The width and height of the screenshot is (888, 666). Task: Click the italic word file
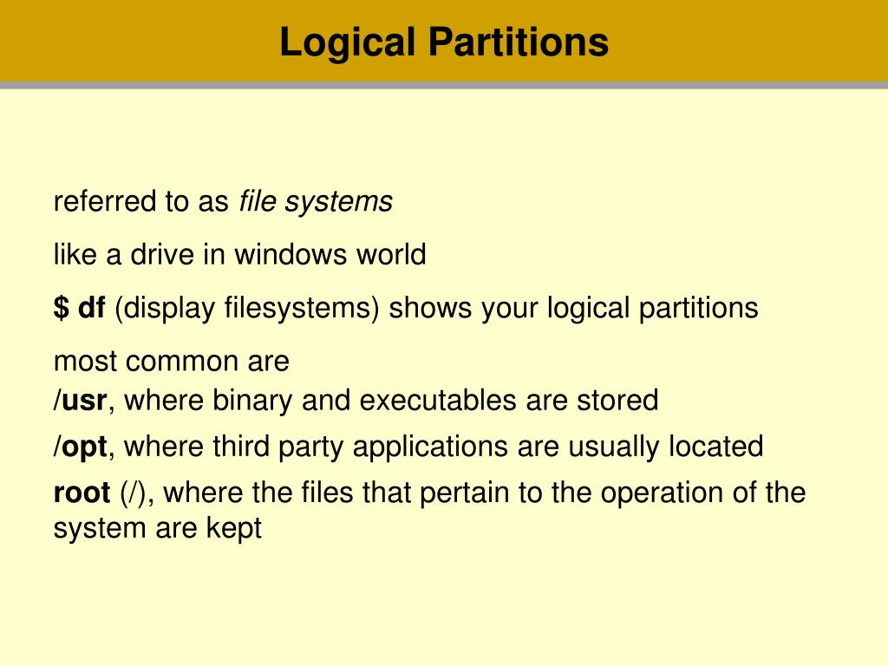point(257,202)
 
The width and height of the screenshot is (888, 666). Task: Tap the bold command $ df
point(80,308)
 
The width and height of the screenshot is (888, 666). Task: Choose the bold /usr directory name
point(81,401)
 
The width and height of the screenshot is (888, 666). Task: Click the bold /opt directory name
point(81,447)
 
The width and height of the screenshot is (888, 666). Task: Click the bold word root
point(82,493)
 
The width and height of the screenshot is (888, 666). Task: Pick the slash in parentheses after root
point(137,493)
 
